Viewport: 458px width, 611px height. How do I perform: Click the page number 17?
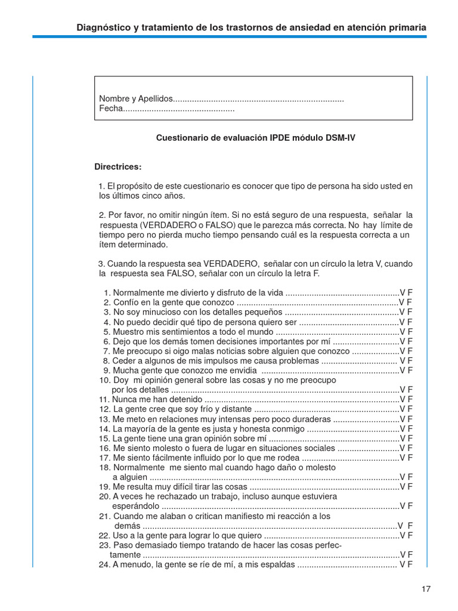pyautogui.click(x=426, y=589)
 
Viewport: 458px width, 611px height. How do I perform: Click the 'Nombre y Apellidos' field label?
pyautogui.click(x=135, y=98)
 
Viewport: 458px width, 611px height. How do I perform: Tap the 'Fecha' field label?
pyautogui.click(x=110, y=109)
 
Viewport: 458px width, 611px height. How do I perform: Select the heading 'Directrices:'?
pyautogui.click(x=118, y=166)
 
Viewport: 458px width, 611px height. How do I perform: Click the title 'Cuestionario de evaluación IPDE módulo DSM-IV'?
pyautogui.click(x=256, y=137)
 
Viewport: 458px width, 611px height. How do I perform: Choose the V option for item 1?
pyautogui.click(x=403, y=293)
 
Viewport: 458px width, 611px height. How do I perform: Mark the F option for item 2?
pyautogui.click(x=410, y=303)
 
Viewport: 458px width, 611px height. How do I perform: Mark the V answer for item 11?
pyautogui.click(x=403, y=399)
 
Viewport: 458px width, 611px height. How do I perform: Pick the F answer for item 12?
pyautogui.click(x=410, y=409)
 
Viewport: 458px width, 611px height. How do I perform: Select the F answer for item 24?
pyautogui.click(x=410, y=564)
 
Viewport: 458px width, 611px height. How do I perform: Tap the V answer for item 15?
pyautogui.click(x=403, y=438)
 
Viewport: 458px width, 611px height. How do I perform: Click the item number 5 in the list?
pyautogui.click(x=107, y=332)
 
